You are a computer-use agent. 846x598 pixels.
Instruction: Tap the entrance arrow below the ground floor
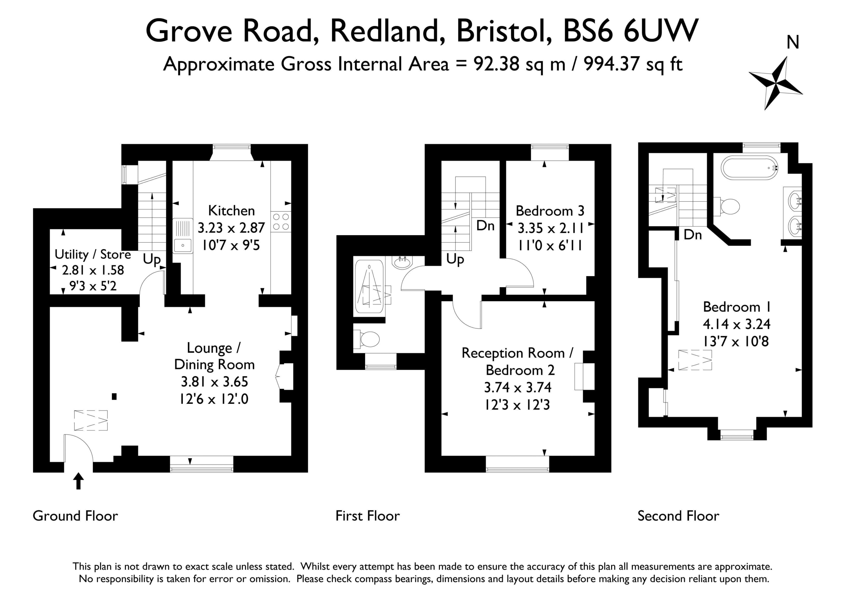pos(78,481)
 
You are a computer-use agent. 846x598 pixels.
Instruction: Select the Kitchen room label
pos(231,211)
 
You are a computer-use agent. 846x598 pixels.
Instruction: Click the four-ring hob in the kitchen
pos(281,222)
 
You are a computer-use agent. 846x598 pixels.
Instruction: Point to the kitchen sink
pos(183,236)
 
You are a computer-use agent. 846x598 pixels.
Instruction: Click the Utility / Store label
pos(93,255)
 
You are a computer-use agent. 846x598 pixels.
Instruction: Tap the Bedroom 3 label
pos(550,211)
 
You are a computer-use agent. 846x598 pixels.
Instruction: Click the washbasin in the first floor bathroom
pos(403,262)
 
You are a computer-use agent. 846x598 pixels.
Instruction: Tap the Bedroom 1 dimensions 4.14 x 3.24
pos(737,324)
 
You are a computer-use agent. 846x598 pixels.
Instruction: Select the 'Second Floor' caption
pos(678,515)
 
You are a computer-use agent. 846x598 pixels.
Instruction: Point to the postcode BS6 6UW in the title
pos(631,31)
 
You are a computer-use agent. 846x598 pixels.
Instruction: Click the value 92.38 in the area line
pos(497,64)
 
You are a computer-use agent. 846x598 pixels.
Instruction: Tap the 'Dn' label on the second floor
pos(693,234)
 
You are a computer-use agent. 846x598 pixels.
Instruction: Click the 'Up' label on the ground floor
pos(152,260)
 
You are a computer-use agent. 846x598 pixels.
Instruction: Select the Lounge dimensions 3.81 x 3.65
pos(214,382)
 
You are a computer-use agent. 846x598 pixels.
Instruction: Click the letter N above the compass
pos(793,42)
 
